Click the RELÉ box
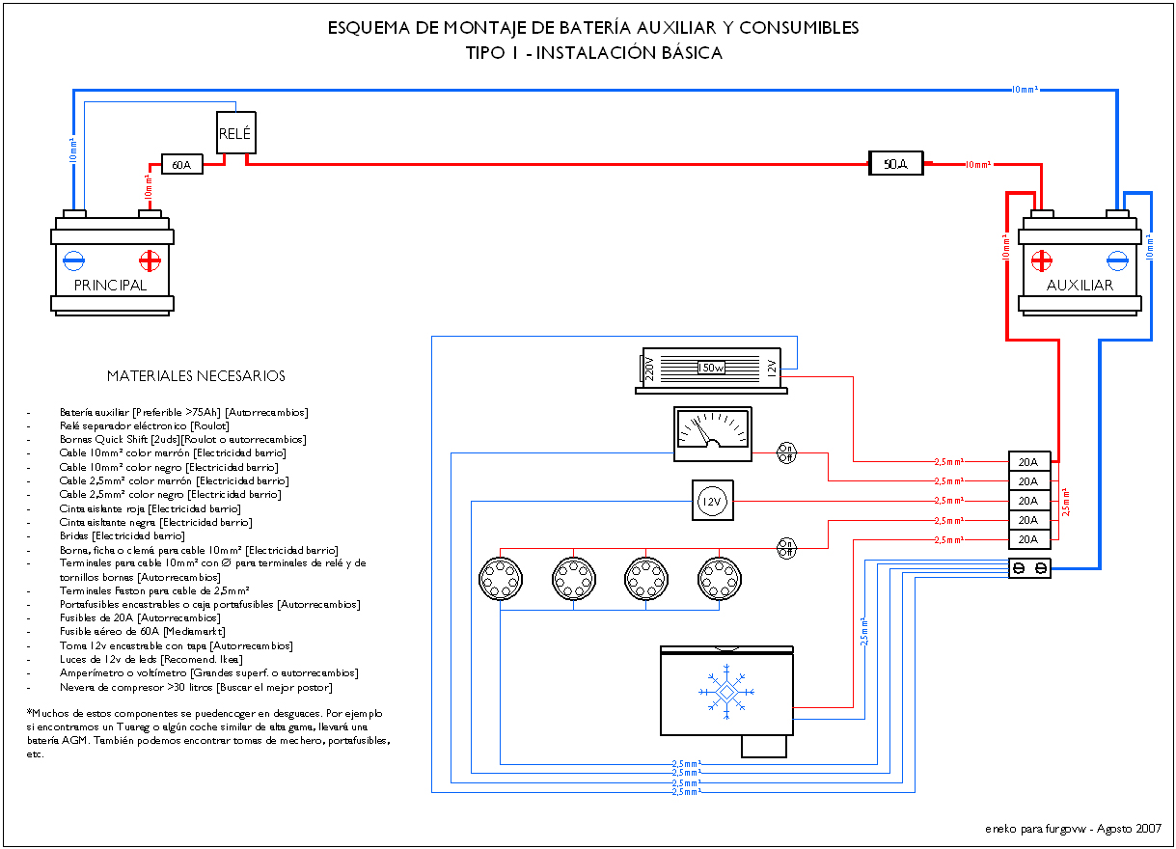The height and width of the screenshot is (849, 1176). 235,133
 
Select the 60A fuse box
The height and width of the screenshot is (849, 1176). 181,164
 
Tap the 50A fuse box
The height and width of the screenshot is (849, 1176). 895,163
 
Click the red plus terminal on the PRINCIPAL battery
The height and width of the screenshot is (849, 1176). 150,260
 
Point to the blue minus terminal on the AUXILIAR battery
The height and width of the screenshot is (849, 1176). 1117,260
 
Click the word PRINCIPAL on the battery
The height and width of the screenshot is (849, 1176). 110,286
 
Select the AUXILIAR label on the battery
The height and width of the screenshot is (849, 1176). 1080,286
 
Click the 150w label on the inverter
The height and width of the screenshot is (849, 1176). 711,368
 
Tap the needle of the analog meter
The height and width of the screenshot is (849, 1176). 702,430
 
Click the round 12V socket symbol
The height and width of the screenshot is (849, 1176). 712,501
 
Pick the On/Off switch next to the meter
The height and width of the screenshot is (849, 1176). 786,452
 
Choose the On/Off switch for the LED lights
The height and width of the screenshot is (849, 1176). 786,548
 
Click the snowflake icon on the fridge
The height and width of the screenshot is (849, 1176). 726,692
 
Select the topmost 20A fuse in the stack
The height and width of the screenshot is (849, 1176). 1029,461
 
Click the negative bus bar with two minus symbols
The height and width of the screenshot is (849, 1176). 1029,568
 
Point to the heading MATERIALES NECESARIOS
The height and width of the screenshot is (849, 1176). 196,376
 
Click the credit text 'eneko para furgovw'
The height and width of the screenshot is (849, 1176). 1035,829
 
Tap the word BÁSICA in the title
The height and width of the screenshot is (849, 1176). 692,52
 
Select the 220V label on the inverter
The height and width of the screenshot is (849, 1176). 649,368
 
